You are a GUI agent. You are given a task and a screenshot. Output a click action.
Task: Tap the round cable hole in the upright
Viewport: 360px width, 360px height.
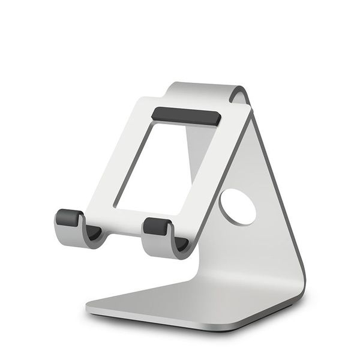pyautogui.click(x=237, y=208)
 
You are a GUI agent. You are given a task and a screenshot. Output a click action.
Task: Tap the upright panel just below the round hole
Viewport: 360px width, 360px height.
pyautogui.click(x=240, y=240)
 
